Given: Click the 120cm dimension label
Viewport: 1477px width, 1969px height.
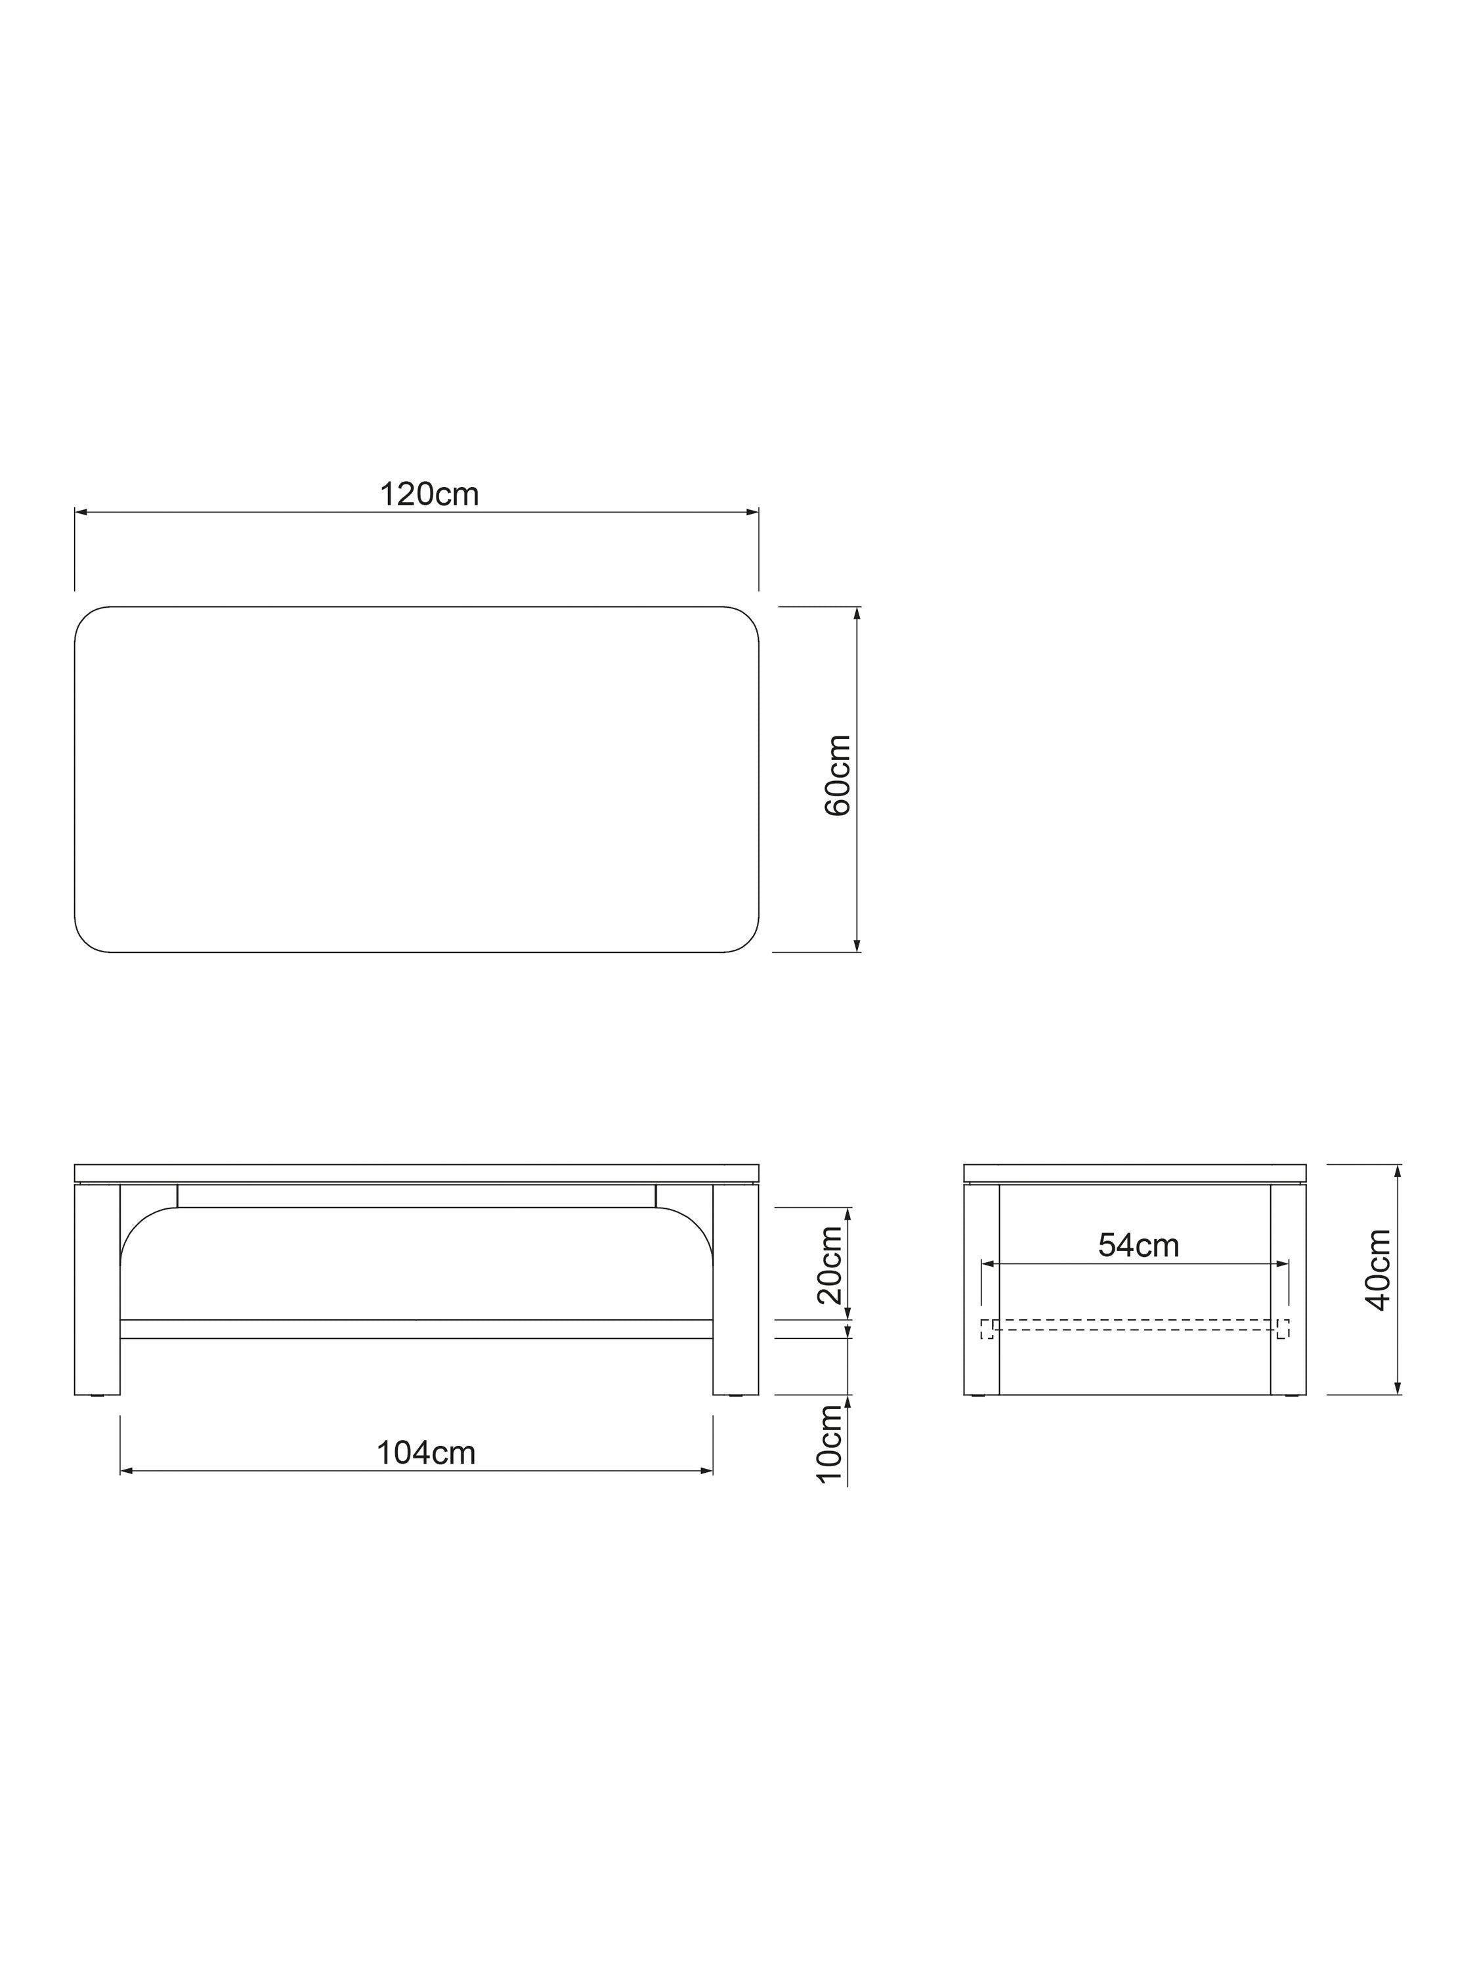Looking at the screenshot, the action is point(429,494).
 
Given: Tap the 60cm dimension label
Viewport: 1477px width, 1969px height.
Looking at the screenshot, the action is point(838,775).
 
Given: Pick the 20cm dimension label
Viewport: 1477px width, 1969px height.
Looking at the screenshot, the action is point(830,1265).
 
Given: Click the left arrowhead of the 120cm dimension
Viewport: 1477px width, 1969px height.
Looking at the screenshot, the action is point(80,513).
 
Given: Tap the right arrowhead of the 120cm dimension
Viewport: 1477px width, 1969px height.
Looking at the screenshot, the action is point(752,513).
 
